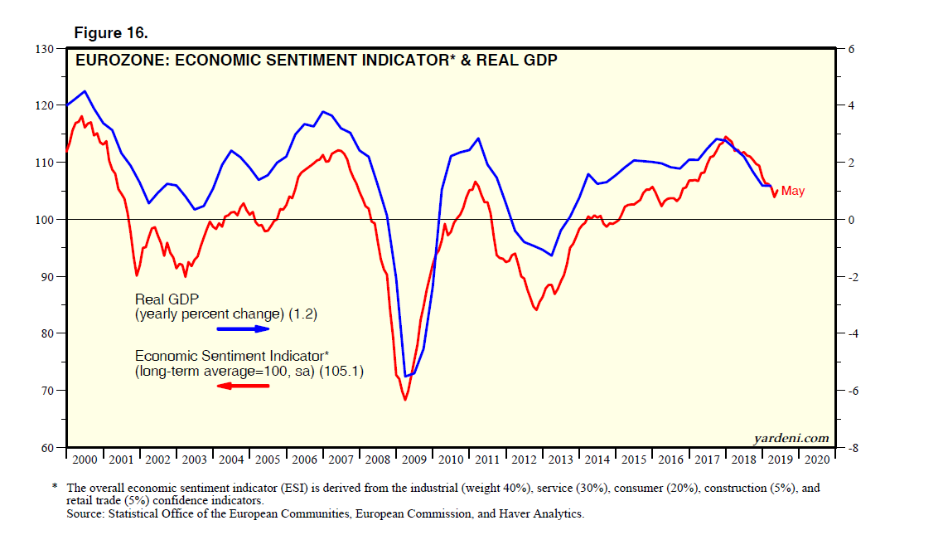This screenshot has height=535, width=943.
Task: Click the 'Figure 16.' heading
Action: point(111,32)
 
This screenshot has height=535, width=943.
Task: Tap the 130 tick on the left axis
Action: point(47,49)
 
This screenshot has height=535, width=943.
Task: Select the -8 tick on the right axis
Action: point(851,448)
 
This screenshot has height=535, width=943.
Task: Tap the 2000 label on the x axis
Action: point(85,459)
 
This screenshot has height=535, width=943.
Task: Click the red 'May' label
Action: point(792,192)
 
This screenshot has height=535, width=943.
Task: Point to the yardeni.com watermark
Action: point(791,438)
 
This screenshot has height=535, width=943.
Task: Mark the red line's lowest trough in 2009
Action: point(405,400)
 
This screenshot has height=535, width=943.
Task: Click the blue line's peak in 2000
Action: point(85,91)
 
